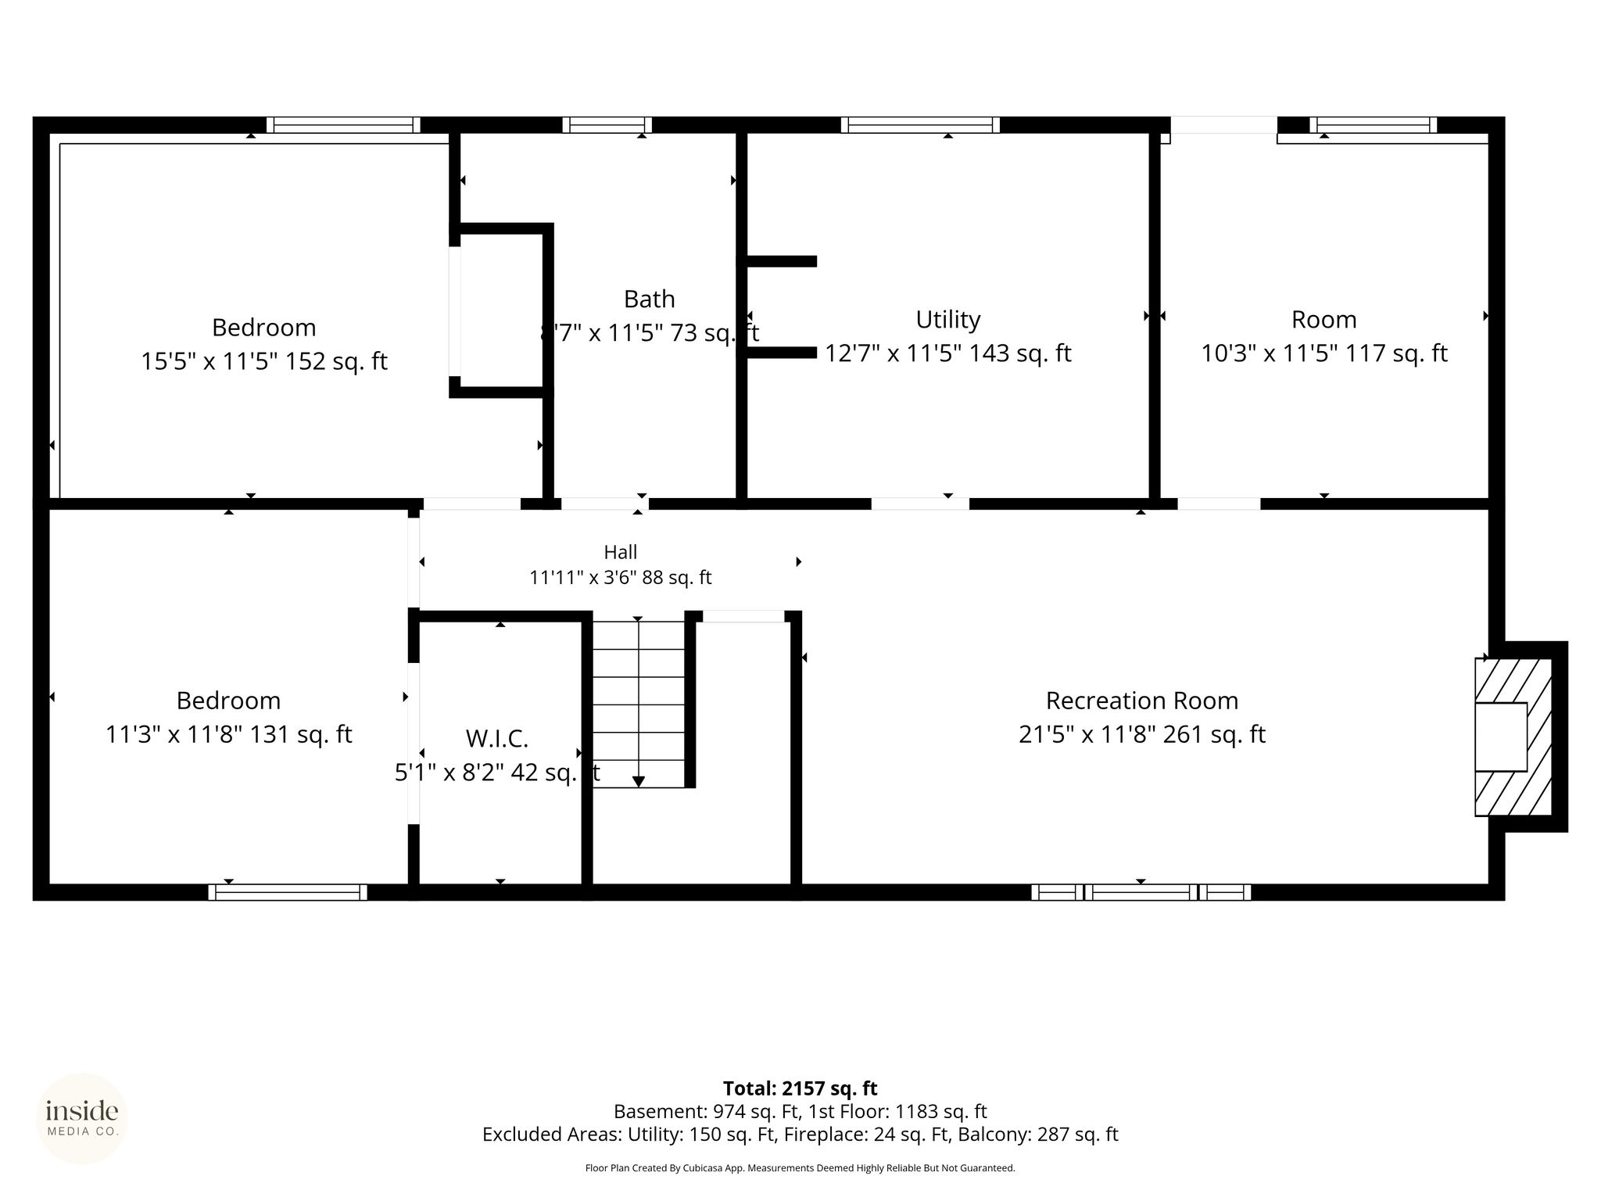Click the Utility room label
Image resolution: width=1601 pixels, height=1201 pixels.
coord(947,319)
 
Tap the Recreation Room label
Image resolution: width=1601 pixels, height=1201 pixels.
coord(1141,701)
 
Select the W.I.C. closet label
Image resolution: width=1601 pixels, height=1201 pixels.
coord(497,738)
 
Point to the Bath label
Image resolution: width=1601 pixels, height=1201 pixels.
coord(649,299)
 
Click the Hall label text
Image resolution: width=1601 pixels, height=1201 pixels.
coord(621,552)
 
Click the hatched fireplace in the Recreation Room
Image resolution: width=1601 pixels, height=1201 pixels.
coord(1513,737)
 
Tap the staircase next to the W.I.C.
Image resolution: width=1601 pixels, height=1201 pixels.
coord(639,704)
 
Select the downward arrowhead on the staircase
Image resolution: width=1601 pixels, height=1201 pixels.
coord(639,780)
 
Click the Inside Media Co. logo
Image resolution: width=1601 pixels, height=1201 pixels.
coord(82,1119)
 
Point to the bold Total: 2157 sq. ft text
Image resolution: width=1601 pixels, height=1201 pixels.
coord(800,1088)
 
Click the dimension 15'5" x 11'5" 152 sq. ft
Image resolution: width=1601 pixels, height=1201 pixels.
coord(264,361)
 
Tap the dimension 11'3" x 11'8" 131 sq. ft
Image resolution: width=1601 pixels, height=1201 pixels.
coord(229,734)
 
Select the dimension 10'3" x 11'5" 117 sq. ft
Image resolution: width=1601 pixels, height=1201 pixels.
coord(1324,353)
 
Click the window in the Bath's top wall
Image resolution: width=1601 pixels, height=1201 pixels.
coord(607,125)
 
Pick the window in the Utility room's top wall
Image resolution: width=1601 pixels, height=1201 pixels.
coord(920,125)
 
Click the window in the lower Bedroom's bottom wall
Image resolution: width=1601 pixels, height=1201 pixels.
coord(288,892)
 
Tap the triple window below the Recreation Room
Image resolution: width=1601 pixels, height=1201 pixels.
coord(1141,892)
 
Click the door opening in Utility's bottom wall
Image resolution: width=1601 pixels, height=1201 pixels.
coord(920,504)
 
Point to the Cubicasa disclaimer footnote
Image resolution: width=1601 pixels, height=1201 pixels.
coord(800,1168)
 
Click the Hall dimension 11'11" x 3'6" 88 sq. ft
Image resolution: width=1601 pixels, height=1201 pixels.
coord(621,578)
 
